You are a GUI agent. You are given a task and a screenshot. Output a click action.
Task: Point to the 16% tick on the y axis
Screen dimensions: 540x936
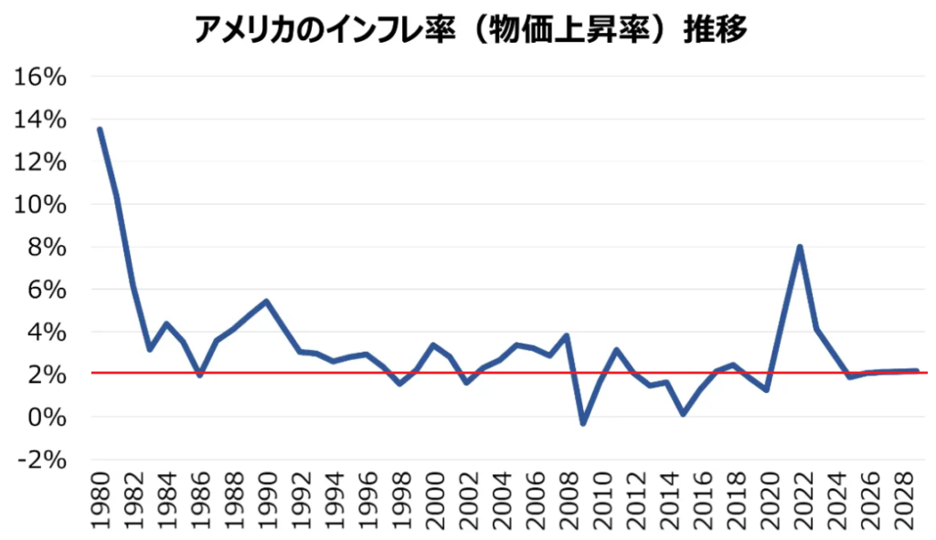pyautogui.click(x=42, y=77)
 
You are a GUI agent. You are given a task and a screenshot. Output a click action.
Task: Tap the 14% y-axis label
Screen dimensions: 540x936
pyautogui.click(x=42, y=120)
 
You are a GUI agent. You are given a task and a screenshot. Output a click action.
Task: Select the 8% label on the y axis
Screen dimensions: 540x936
pyautogui.click(x=48, y=248)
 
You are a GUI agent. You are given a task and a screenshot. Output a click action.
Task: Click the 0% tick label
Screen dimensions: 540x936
pyautogui.click(x=48, y=418)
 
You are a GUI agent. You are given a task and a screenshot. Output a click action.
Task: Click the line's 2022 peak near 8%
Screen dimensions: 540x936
pyautogui.click(x=800, y=247)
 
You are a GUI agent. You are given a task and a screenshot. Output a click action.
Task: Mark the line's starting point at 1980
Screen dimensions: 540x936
pyautogui.click(x=100, y=129)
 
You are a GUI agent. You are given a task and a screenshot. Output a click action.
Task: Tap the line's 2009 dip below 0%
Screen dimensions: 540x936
pyautogui.click(x=583, y=423)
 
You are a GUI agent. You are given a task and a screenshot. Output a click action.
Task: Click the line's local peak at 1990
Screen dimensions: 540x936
pyautogui.click(x=266, y=301)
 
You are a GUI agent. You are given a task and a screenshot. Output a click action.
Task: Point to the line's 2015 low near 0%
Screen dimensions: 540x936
pyautogui.click(x=683, y=414)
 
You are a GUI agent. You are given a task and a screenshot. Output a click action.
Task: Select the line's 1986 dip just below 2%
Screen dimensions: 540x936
pyautogui.click(x=199, y=376)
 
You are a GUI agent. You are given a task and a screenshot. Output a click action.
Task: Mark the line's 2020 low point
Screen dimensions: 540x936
pyautogui.click(x=766, y=390)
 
